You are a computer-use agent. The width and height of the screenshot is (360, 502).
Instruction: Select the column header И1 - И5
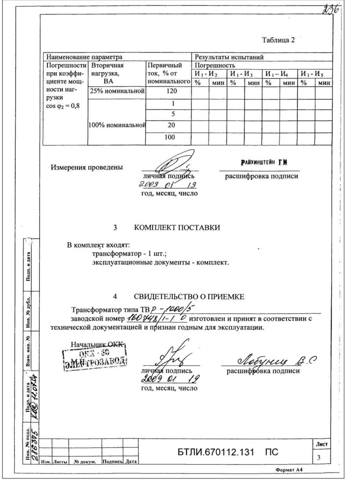314,74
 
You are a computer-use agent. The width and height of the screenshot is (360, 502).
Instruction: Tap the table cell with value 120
169,92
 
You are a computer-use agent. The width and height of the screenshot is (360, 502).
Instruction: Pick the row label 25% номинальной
117,92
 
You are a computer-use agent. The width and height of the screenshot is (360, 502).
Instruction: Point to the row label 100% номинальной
117,125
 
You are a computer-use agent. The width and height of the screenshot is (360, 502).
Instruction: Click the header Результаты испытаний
229,57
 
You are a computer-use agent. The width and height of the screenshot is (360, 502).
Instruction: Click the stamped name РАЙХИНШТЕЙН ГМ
263,162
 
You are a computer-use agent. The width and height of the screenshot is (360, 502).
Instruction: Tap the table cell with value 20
169,125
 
